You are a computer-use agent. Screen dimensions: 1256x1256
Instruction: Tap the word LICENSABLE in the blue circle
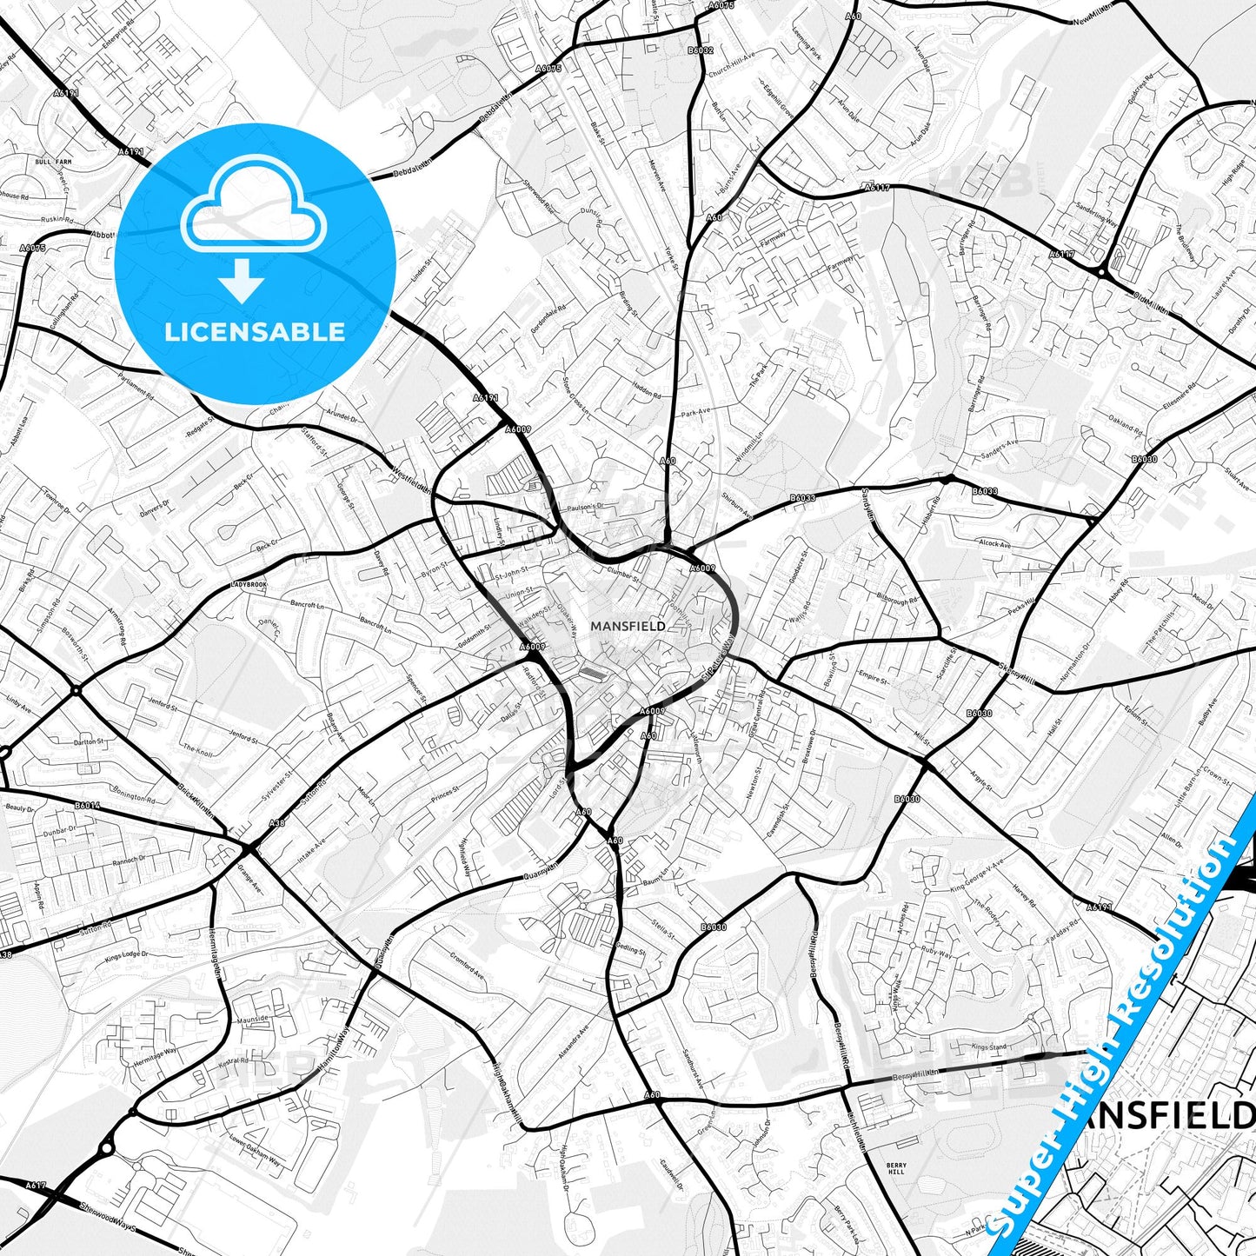255,332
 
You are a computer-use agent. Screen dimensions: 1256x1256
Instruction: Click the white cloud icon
253,209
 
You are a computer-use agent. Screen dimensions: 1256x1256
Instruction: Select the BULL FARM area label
52,162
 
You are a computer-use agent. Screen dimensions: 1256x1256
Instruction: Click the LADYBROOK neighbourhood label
249,585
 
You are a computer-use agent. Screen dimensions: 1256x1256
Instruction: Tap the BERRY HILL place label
896,1168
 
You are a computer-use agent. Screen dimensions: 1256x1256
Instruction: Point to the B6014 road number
87,806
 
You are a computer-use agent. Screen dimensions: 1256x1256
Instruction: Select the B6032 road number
700,50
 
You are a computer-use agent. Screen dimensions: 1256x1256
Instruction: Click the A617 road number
36,1186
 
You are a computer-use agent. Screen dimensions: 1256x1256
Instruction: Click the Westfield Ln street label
411,480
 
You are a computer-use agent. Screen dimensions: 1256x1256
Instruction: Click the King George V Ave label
976,873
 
